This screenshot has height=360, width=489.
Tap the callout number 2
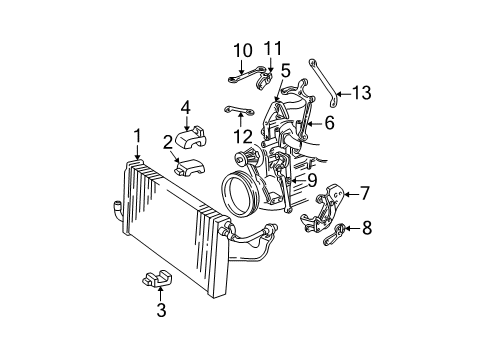tap(180, 141)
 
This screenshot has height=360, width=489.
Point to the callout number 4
tap(185, 108)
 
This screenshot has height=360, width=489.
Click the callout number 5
tap(286, 70)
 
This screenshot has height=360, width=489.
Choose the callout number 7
tap(365, 193)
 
